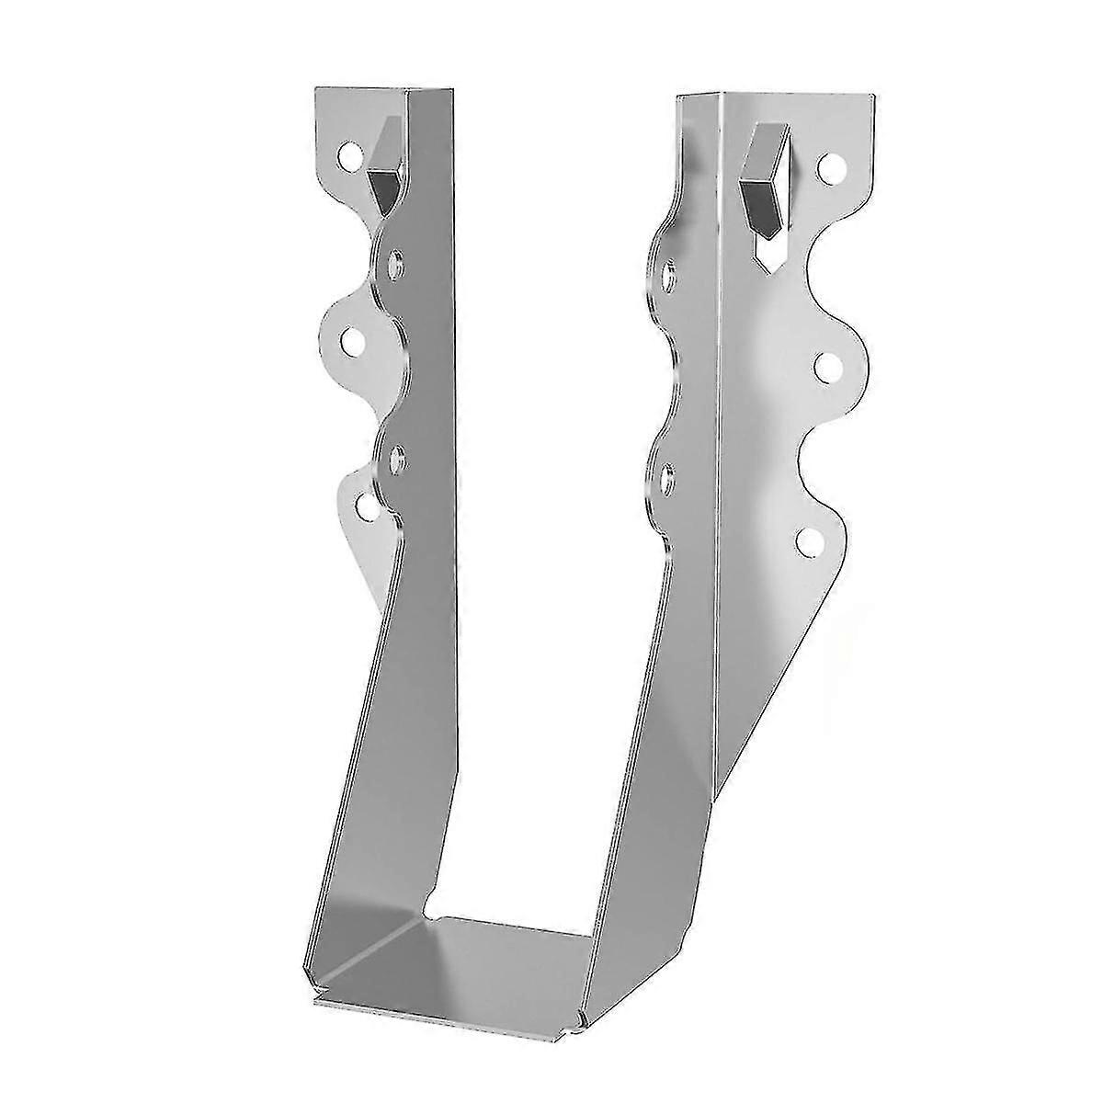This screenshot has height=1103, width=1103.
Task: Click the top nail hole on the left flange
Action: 351,155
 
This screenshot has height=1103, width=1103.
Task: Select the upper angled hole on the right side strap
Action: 670,273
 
